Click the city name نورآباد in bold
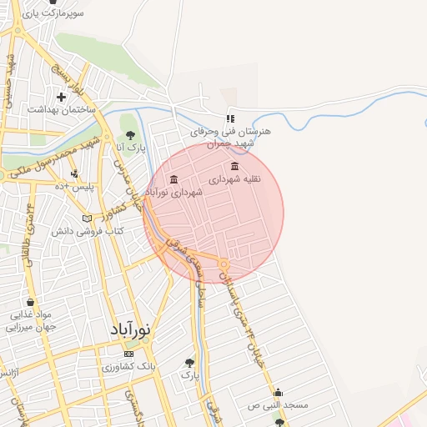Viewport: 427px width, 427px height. (x=131, y=330)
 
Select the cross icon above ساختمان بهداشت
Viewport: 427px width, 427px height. (x=61, y=97)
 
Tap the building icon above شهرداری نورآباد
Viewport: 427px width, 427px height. (x=173, y=179)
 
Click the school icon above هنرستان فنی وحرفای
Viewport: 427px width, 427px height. (x=231, y=118)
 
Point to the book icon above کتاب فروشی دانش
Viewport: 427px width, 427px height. (x=87, y=219)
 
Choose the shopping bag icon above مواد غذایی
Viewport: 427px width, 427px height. (x=30, y=302)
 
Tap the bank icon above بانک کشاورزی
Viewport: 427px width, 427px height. (x=128, y=354)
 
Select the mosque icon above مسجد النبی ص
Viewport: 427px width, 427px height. (x=278, y=392)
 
